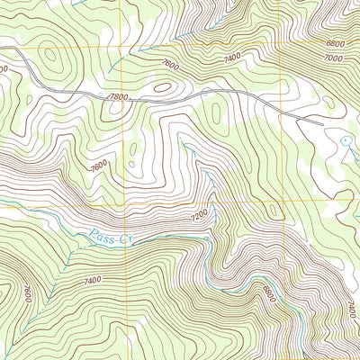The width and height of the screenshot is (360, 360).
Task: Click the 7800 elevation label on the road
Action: pyautogui.click(x=118, y=95)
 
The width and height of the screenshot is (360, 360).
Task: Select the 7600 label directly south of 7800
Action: pyautogui.click(x=99, y=166)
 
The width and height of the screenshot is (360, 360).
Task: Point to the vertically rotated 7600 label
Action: pyautogui.click(x=28, y=294)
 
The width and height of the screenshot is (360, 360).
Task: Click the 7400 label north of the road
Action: pyautogui.click(x=232, y=57)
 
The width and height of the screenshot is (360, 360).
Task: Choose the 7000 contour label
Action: pyautogui.click(x=334, y=58)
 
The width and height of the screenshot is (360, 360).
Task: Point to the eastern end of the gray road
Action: pyautogui.click(x=321, y=121)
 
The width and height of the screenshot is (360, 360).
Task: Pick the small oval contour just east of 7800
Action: pyautogui.click(x=163, y=88)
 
